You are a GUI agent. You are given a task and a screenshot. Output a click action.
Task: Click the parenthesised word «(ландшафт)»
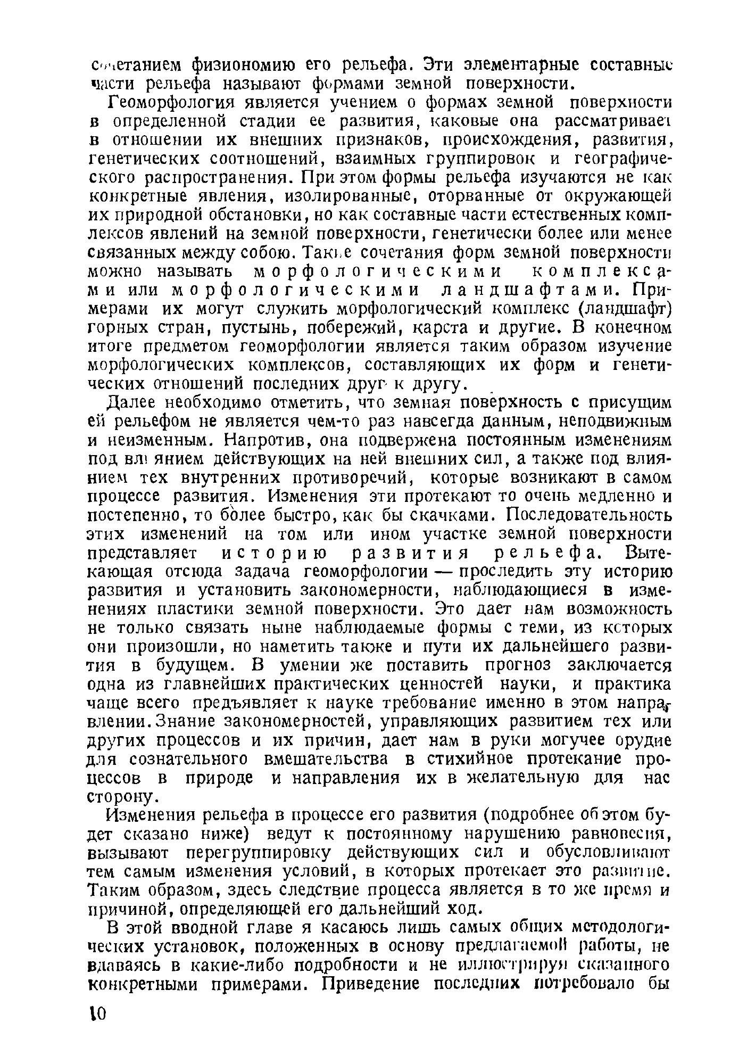pyautogui.click(x=624, y=309)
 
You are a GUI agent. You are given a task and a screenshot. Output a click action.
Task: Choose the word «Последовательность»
pyautogui.click(x=589, y=516)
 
